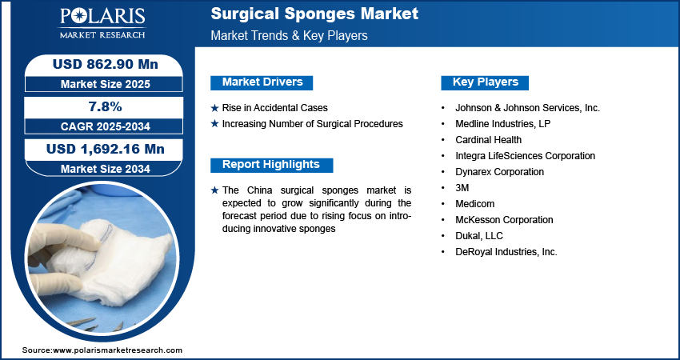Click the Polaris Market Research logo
[x=102, y=23]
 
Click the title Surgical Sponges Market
[x=314, y=14]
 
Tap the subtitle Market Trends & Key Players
[x=289, y=35]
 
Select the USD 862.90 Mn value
[x=106, y=65]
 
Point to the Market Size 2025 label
[x=106, y=84]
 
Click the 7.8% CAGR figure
[x=106, y=106]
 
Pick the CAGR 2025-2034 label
[x=106, y=126]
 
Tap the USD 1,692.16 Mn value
[x=106, y=150]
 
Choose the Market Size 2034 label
[x=106, y=169]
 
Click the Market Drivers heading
[x=262, y=82]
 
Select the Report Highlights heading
[x=271, y=165]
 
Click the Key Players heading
[x=485, y=82]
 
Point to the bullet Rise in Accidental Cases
[x=274, y=108]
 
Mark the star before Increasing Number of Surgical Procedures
[x=214, y=124]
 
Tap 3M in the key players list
[x=462, y=188]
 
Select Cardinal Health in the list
[x=488, y=140]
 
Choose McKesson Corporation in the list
[x=504, y=220]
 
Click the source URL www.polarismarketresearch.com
[x=118, y=350]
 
